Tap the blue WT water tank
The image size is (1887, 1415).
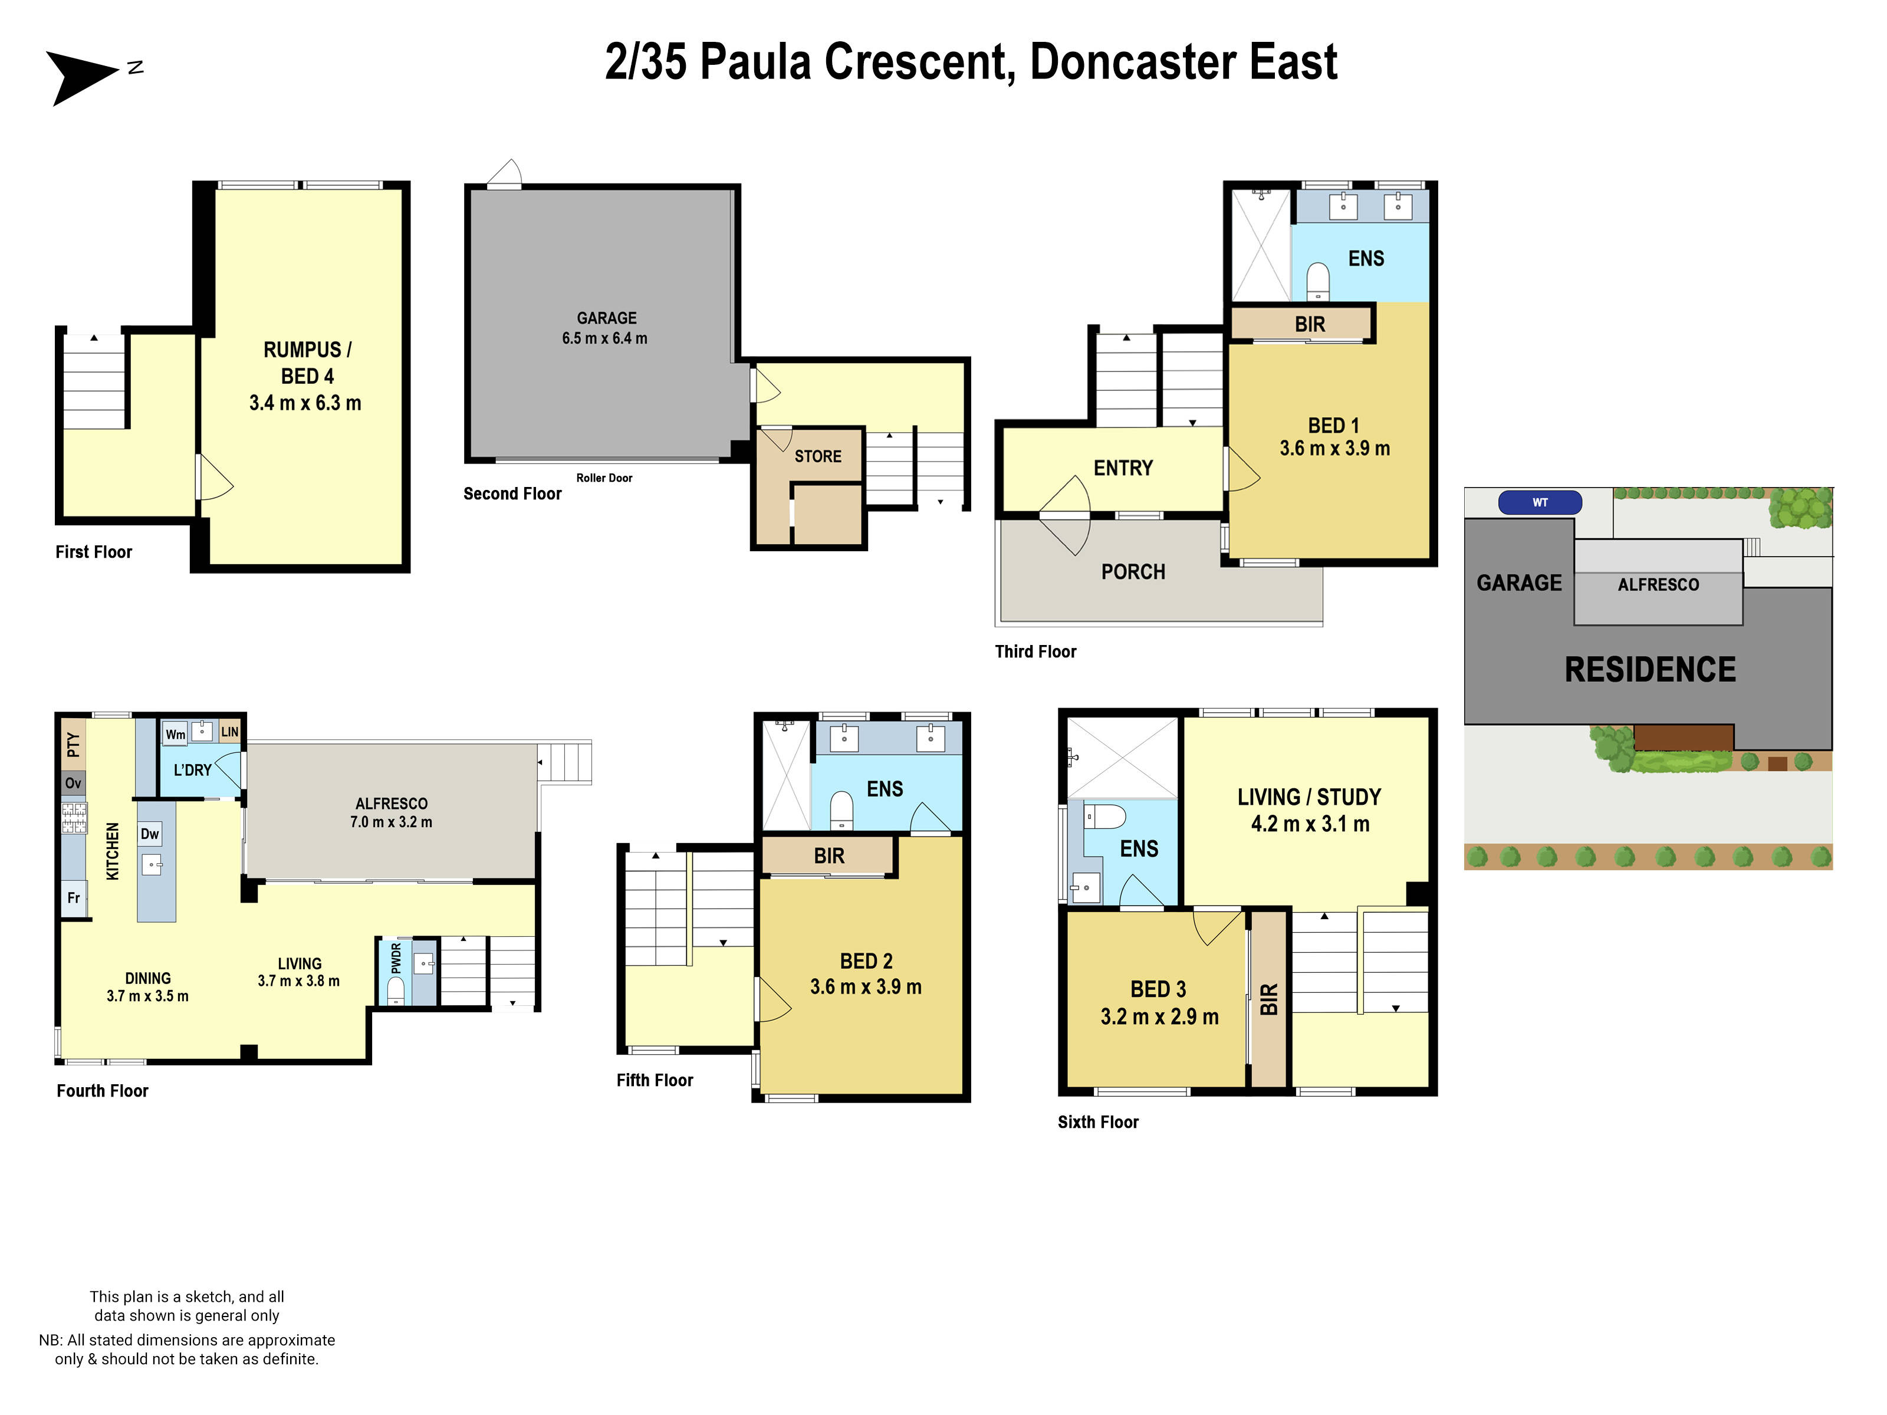point(1540,502)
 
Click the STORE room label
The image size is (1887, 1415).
point(817,456)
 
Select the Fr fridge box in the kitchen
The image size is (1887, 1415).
point(73,898)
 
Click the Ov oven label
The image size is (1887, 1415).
point(73,783)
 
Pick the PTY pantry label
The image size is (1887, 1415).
point(73,745)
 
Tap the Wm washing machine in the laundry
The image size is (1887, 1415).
point(175,735)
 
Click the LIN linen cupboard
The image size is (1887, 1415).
point(229,732)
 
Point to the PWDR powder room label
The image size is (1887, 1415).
point(396,958)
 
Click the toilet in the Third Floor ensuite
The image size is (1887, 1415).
point(1318,281)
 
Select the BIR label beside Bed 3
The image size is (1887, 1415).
point(1268,999)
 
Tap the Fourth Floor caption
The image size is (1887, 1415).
point(103,1091)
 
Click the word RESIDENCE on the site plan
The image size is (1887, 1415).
point(1650,670)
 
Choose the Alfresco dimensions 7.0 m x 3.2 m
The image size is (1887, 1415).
point(391,822)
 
